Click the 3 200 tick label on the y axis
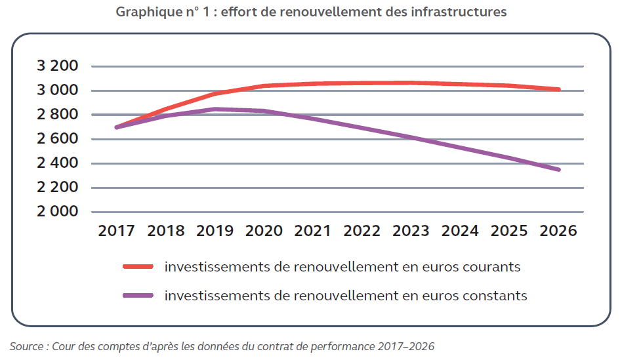(x=57, y=66)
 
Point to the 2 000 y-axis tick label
(x=57, y=212)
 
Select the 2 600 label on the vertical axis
(x=57, y=139)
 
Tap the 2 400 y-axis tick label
(x=57, y=163)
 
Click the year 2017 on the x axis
(x=116, y=231)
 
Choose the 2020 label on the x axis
(x=264, y=231)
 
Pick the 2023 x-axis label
(x=411, y=231)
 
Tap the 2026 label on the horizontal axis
(x=558, y=231)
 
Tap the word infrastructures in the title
(x=462, y=12)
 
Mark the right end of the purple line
(x=559, y=170)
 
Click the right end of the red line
(x=559, y=90)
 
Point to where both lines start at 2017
(x=117, y=127)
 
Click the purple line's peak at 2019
(x=215, y=109)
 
